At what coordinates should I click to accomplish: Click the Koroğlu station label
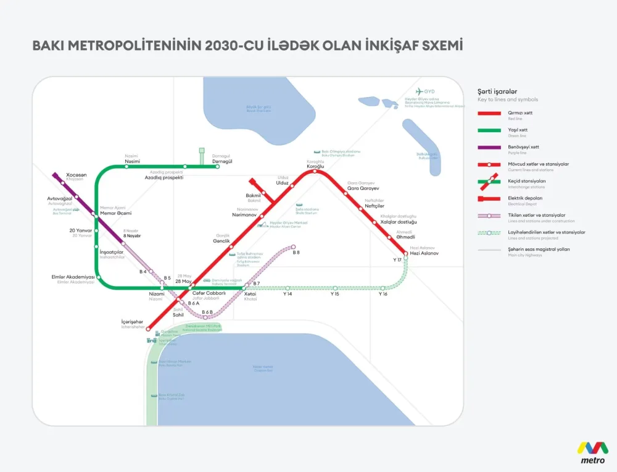pyautogui.click(x=315, y=165)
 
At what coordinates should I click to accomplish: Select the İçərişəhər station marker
pyautogui.click(x=148, y=329)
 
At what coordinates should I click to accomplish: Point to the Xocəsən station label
pyautogui.click(x=77, y=175)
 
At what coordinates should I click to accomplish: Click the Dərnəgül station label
pyautogui.click(x=222, y=161)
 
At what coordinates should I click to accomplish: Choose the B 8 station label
pyautogui.click(x=296, y=253)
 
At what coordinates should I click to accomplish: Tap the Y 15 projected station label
pyautogui.click(x=335, y=294)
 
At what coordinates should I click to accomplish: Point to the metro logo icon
pyautogui.click(x=592, y=448)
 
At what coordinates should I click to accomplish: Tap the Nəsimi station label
pyautogui.click(x=132, y=161)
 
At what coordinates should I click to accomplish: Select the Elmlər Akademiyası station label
pyautogui.click(x=73, y=277)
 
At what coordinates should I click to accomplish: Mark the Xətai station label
pyautogui.click(x=251, y=293)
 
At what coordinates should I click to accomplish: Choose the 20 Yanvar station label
pyautogui.click(x=80, y=230)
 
